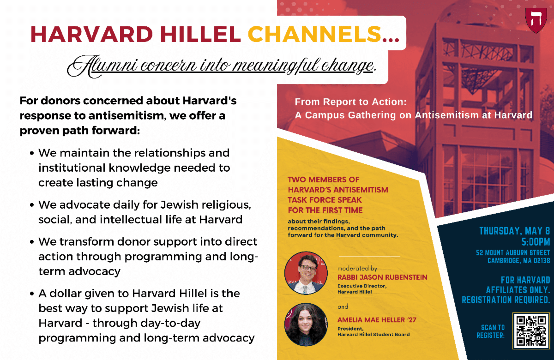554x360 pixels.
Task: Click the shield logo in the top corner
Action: tap(536, 20)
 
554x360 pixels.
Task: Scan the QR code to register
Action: tap(531, 330)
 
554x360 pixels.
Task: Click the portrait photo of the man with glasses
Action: tap(306, 273)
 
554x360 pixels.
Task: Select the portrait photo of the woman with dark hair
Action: tap(306, 324)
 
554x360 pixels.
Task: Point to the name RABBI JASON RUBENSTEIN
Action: tap(382, 277)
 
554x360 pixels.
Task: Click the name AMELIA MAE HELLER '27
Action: tap(377, 320)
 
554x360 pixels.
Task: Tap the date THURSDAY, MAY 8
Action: tap(515, 231)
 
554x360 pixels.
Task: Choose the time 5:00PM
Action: tap(536, 242)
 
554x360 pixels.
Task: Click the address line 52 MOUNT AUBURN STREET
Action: tap(513, 253)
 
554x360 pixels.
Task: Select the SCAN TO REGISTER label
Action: tap(491, 331)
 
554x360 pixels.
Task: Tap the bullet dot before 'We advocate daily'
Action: tap(32, 205)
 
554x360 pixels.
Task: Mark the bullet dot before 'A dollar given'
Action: tap(32, 294)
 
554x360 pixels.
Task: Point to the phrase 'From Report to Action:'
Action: tap(351, 102)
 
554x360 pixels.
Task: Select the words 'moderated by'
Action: tap(357, 269)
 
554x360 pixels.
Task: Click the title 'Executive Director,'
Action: tap(362, 286)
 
